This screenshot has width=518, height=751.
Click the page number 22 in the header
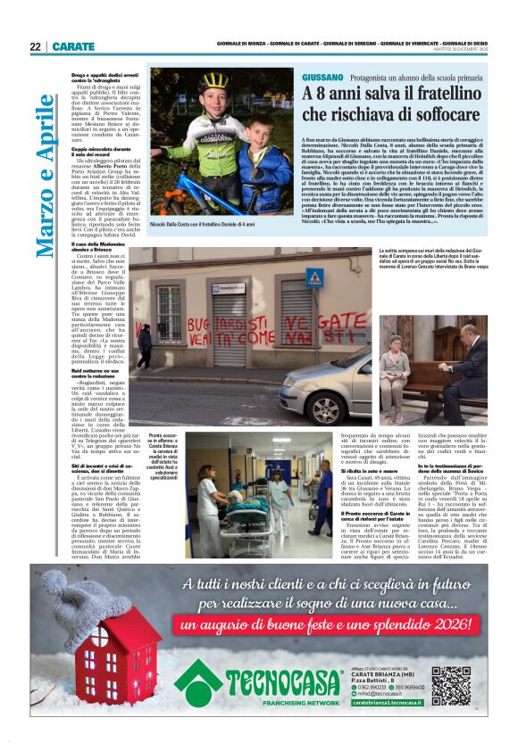click(x=35, y=46)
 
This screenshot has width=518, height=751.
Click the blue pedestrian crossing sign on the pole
click(x=313, y=277)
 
